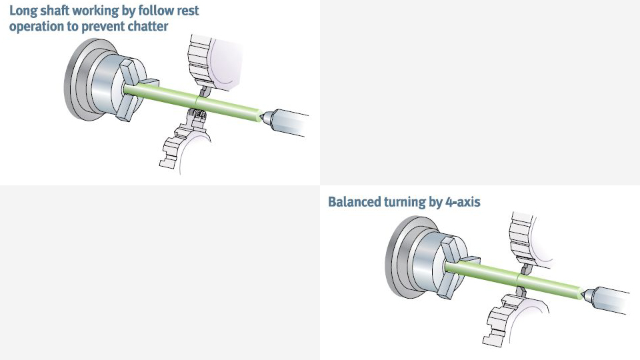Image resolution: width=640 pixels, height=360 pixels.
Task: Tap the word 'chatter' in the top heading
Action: (x=146, y=27)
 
